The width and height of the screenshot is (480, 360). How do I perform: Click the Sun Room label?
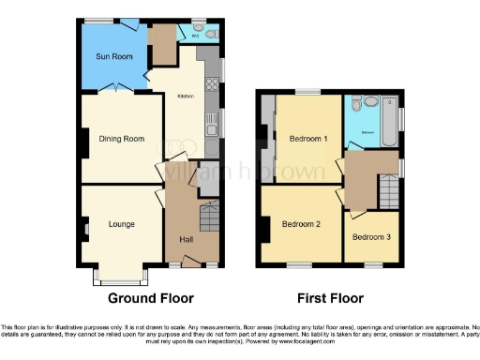[113, 57]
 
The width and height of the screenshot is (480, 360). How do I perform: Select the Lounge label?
[122, 224]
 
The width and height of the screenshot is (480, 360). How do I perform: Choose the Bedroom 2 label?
[302, 224]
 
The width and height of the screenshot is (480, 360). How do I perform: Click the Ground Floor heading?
[151, 299]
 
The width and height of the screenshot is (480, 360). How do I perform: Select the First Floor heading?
[330, 299]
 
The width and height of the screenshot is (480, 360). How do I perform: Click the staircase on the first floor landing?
[389, 194]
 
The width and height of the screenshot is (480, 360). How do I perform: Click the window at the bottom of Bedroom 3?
[371, 265]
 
